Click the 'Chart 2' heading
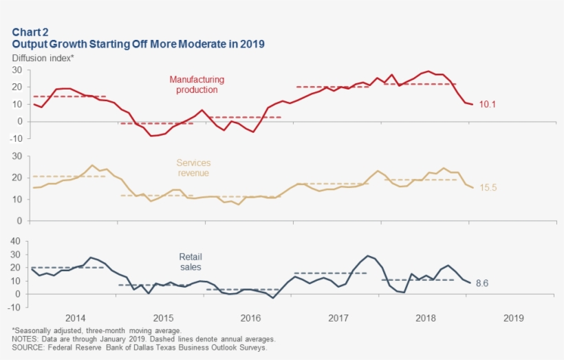pos(30,32)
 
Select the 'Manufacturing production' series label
pos(197,85)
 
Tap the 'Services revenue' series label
pos(193,168)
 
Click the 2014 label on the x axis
pos(75,319)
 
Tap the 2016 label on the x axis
pos(250,319)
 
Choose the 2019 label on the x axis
pos(514,319)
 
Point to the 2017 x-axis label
pos(338,319)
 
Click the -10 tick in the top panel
pos(19,138)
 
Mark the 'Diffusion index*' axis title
pos(43,58)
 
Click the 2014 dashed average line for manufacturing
pos(69,96)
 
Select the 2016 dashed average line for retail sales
pos(250,289)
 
